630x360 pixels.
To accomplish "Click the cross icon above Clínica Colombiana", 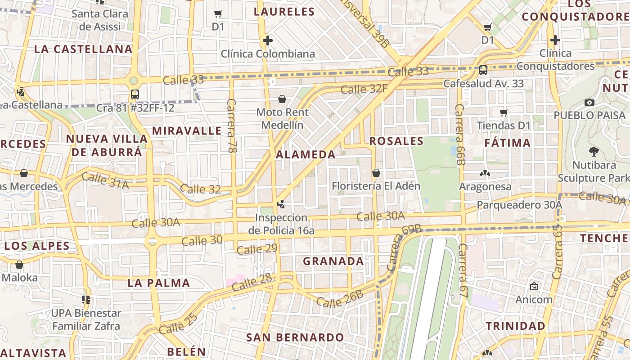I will (268, 41).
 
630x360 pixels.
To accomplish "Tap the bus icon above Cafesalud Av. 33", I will (483, 70).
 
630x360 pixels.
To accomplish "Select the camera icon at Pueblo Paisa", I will (589, 102).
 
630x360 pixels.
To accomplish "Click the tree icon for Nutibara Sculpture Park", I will (594, 152).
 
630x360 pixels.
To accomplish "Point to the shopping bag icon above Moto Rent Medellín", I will (282, 99).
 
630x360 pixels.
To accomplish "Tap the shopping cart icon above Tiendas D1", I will (504, 112).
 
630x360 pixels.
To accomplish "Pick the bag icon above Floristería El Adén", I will (376, 173).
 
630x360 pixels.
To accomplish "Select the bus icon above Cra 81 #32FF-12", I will (135, 94).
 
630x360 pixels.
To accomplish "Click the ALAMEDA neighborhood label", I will (306, 155).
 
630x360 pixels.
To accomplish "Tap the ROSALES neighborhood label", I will (396, 141).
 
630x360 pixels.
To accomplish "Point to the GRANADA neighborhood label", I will (333, 261).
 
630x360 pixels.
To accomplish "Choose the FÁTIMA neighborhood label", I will (508, 143).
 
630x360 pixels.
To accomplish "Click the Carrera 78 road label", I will (232, 126).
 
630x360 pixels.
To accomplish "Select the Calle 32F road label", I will (364, 89).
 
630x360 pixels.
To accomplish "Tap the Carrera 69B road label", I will (403, 247).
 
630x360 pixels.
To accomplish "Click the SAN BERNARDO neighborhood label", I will (295, 337).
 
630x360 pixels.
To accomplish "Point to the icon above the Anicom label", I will (534, 286).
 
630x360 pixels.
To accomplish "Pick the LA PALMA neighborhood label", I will (158, 283).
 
